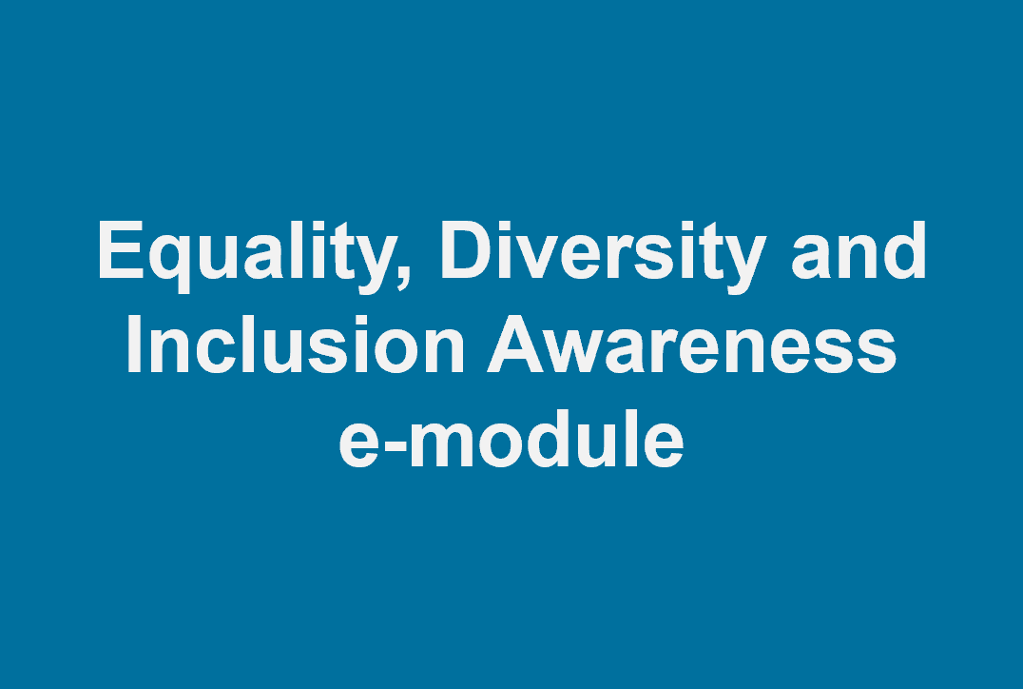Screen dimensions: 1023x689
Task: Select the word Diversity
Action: (604, 255)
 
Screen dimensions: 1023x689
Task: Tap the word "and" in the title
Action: (859, 251)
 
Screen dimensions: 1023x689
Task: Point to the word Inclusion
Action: (295, 344)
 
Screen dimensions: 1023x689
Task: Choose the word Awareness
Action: (691, 344)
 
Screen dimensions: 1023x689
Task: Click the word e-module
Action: (511, 438)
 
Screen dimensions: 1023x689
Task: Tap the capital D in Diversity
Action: (468, 251)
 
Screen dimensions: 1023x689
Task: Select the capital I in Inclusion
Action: (134, 344)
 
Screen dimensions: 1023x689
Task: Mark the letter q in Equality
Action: (171, 265)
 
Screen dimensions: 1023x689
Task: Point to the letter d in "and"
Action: (905, 251)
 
